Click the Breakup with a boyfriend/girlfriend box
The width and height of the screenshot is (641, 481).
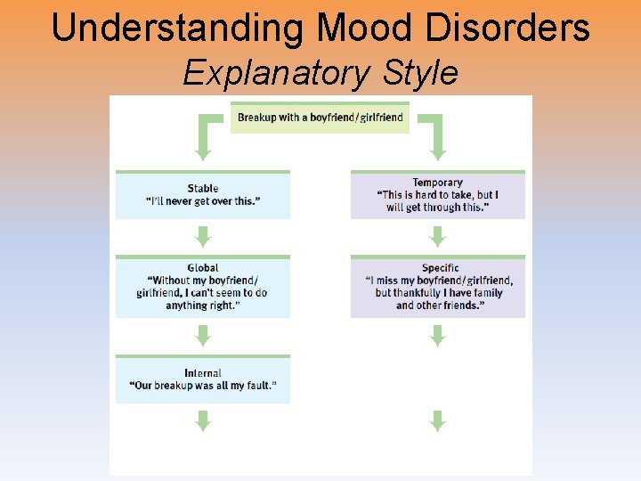320,118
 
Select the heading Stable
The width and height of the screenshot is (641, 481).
203,188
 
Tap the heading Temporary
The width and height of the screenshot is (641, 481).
437,183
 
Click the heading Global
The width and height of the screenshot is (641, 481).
203,267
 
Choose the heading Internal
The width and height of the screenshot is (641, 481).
203,372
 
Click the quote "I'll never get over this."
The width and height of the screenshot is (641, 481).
203,201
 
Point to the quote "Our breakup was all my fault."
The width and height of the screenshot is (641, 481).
203,386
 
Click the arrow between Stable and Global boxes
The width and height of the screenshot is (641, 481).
203,236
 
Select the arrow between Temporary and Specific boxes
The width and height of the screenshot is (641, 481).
437,236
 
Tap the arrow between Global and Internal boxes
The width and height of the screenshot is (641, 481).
203,335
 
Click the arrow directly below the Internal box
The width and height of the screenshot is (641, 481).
203,420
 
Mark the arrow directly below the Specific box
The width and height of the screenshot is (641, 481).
437,335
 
